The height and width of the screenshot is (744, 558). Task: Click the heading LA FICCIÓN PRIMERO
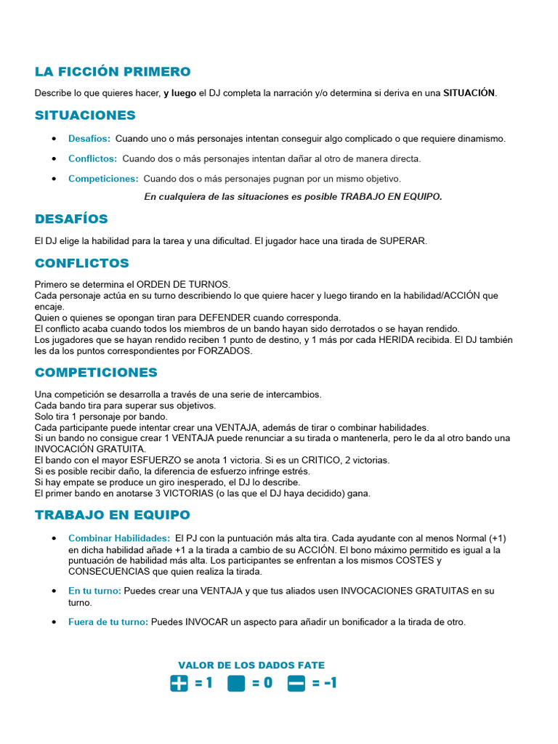point(113,72)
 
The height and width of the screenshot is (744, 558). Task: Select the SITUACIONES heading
point(85,116)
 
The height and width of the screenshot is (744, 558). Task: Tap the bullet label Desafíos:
point(89,138)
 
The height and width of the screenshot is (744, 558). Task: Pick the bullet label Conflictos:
point(92,158)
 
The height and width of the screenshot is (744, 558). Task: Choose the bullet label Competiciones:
point(103,178)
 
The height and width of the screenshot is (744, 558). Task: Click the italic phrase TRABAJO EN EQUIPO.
point(391,196)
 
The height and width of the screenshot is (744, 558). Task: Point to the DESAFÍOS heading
point(71,219)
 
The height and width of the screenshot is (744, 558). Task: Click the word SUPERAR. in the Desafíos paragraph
point(403,240)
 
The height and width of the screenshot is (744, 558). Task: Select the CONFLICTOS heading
point(82,263)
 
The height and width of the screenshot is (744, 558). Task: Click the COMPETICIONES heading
point(96,373)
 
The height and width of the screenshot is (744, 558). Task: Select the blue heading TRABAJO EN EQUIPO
point(112,515)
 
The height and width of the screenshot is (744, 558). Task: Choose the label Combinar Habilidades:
point(119,538)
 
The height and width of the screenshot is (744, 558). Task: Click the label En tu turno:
point(94,591)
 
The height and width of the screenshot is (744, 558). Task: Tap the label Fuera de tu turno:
point(108,621)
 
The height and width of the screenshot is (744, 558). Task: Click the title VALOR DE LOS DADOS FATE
point(251,665)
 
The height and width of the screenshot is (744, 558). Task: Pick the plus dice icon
point(179,683)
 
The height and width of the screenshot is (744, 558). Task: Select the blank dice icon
point(236,683)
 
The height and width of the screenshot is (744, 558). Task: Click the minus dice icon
point(296,683)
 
